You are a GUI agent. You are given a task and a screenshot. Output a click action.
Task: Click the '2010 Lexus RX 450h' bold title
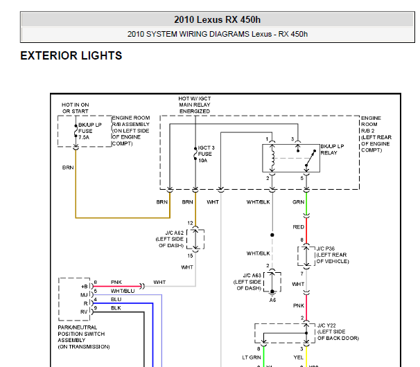(x=218, y=19)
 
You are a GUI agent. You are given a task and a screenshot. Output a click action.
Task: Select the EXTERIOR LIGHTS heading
(x=71, y=56)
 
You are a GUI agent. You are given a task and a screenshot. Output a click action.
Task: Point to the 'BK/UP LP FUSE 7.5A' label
(x=89, y=131)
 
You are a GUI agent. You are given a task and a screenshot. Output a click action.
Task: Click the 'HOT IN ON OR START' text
(x=76, y=108)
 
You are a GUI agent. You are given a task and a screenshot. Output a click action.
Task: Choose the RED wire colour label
(x=298, y=226)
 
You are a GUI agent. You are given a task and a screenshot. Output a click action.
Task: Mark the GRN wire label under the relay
(x=298, y=202)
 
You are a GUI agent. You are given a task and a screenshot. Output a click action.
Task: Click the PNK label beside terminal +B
(x=116, y=283)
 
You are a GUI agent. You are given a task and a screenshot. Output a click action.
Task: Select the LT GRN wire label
(x=251, y=357)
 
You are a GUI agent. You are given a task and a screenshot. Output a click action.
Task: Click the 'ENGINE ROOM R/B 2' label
(x=376, y=134)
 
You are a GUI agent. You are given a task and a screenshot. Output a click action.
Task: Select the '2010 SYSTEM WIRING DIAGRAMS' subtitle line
(x=218, y=33)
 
